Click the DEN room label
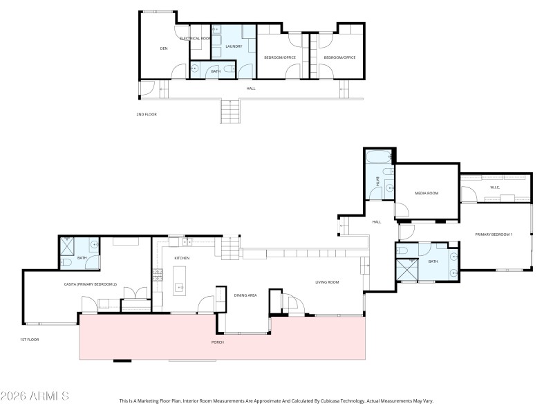164,48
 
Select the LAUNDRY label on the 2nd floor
233,47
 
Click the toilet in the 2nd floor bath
195,69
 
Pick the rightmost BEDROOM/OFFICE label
339,57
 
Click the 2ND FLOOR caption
147,114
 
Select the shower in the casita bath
68,244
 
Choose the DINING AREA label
245,295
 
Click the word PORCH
217,342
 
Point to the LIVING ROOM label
326,282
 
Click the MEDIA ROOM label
427,193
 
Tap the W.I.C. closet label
495,187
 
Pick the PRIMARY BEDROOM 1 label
493,235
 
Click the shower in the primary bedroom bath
407,271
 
